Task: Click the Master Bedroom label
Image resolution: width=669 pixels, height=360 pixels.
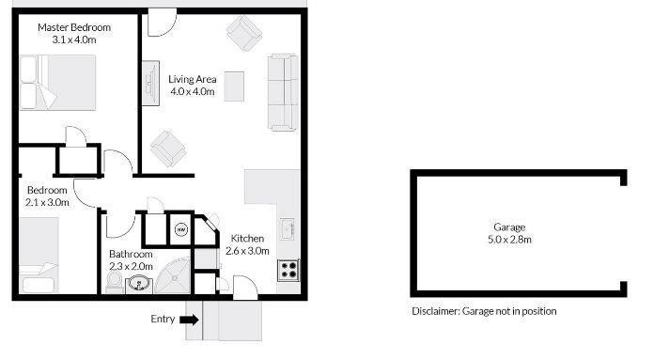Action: (74, 27)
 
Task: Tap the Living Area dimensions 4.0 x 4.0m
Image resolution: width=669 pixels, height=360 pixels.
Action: (193, 91)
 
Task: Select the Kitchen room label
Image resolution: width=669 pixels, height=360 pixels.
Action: (247, 239)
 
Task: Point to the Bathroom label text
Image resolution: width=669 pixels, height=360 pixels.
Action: (131, 254)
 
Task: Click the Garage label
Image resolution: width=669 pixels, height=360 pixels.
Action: (509, 227)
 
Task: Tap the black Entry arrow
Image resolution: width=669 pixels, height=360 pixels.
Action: (189, 320)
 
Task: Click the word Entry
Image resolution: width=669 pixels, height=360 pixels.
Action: (163, 319)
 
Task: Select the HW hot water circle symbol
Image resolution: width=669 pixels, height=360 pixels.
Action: (181, 229)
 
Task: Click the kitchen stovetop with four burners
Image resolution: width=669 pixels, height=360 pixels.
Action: (288, 270)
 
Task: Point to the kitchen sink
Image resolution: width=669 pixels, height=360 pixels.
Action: (288, 229)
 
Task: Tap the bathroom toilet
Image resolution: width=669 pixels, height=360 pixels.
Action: (115, 282)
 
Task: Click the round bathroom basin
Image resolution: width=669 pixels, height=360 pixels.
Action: (139, 284)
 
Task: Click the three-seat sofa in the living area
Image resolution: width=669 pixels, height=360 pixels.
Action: (283, 92)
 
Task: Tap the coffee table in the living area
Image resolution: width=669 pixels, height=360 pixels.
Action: (234, 86)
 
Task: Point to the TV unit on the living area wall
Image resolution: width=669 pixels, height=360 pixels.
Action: (150, 84)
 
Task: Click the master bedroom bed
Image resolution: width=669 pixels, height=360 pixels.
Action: (57, 83)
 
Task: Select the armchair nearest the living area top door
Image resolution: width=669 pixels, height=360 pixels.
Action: (244, 33)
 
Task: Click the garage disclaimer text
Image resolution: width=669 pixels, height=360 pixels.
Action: (484, 311)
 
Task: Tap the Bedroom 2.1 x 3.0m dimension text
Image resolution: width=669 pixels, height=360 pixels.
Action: (47, 202)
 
